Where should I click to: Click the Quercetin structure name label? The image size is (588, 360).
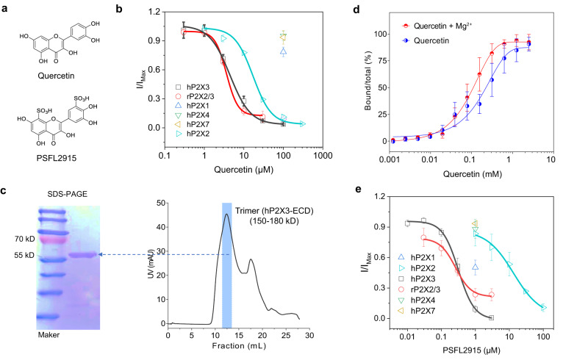pos(57,76)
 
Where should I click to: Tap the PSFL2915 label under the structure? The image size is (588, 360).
pos(57,158)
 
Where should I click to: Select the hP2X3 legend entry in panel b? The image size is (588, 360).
pos(193,87)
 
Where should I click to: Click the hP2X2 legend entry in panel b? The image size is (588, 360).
pos(193,133)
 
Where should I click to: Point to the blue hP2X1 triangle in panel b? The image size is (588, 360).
pos(284,51)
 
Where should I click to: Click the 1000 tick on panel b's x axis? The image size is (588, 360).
pos(323,155)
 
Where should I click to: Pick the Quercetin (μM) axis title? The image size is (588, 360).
pos(244,170)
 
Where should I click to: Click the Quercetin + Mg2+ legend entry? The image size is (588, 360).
pos(436,26)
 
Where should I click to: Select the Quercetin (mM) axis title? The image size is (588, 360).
pos(473,174)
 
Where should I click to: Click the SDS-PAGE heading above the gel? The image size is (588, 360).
pos(68,194)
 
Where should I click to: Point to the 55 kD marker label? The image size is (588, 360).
pos(24,256)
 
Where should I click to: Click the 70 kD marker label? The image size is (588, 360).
pos(24,239)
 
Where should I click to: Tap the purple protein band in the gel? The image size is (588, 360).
pos(82,255)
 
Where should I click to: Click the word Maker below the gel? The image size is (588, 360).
pos(49,335)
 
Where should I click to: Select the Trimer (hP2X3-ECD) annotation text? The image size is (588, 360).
pos(274,211)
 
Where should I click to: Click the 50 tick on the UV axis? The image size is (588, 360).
pos(161,203)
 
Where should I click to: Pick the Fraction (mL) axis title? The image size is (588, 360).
pos(239,346)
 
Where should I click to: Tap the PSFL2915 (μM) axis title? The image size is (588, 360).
pos(471,350)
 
